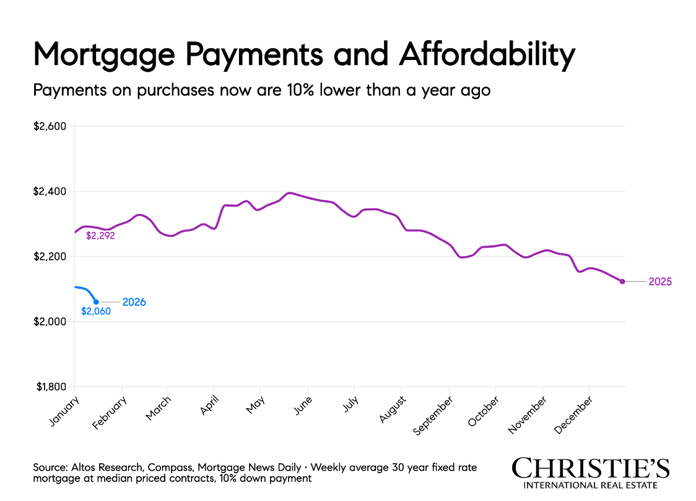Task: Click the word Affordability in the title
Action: [487, 56]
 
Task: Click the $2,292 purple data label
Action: [100, 236]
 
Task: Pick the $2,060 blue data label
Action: [96, 312]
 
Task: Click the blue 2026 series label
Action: [134, 302]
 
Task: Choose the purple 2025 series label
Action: [660, 281]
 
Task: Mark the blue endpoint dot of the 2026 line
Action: [96, 302]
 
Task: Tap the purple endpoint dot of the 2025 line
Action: [622, 281]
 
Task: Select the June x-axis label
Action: [303, 406]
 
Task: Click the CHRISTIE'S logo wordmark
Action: [591, 468]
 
